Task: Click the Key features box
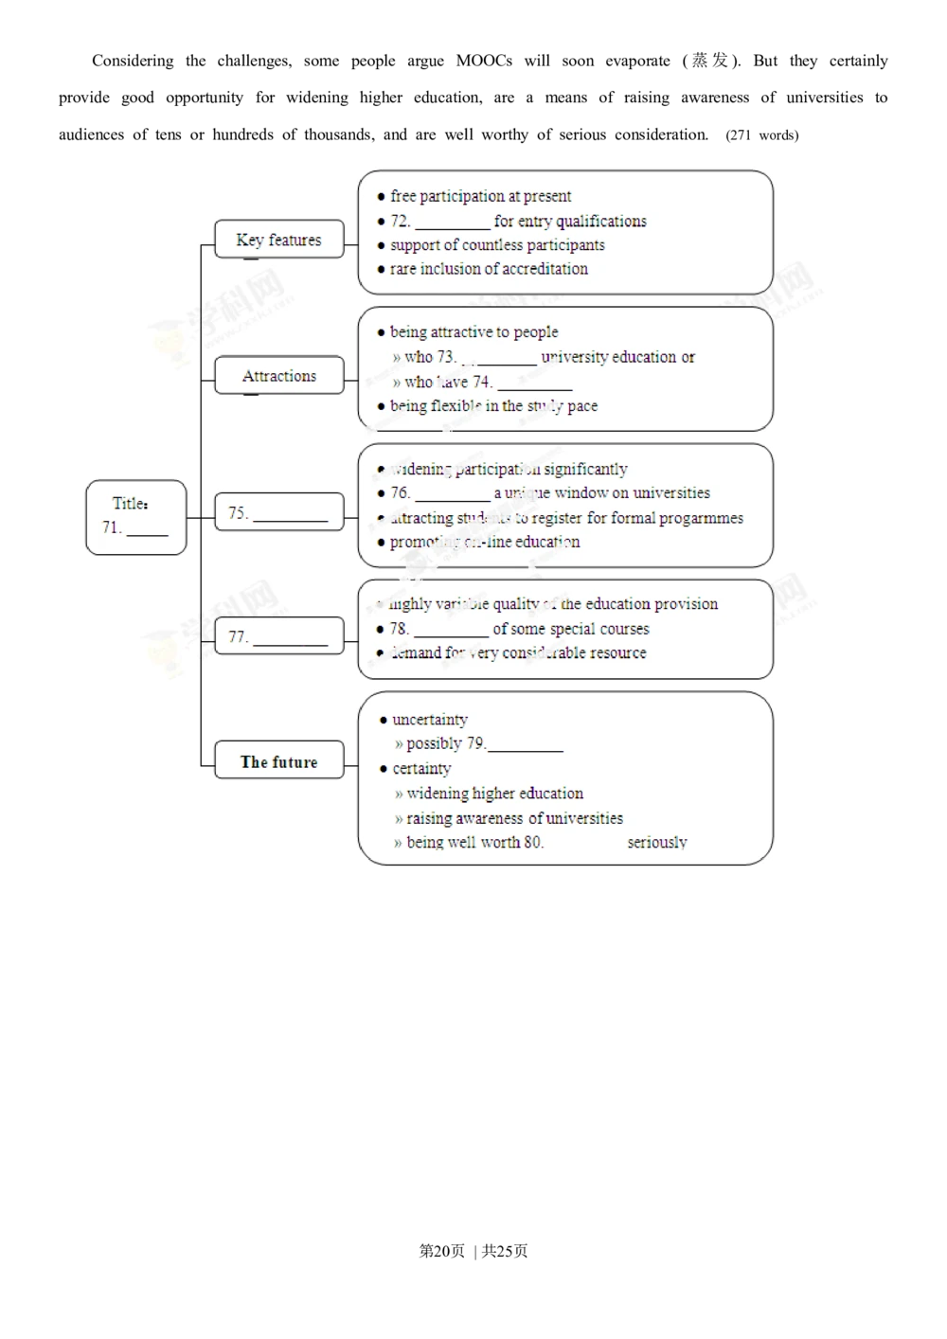[278, 240]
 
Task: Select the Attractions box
[278, 376]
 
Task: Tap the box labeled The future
[278, 761]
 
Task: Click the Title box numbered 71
[135, 517]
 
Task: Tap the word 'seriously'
[656, 842]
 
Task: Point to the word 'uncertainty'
[430, 720]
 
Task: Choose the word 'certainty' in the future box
[421, 768]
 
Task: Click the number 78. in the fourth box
[399, 629]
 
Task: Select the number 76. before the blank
[400, 492]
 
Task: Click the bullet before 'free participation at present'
[381, 197]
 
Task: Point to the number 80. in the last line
[533, 842]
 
